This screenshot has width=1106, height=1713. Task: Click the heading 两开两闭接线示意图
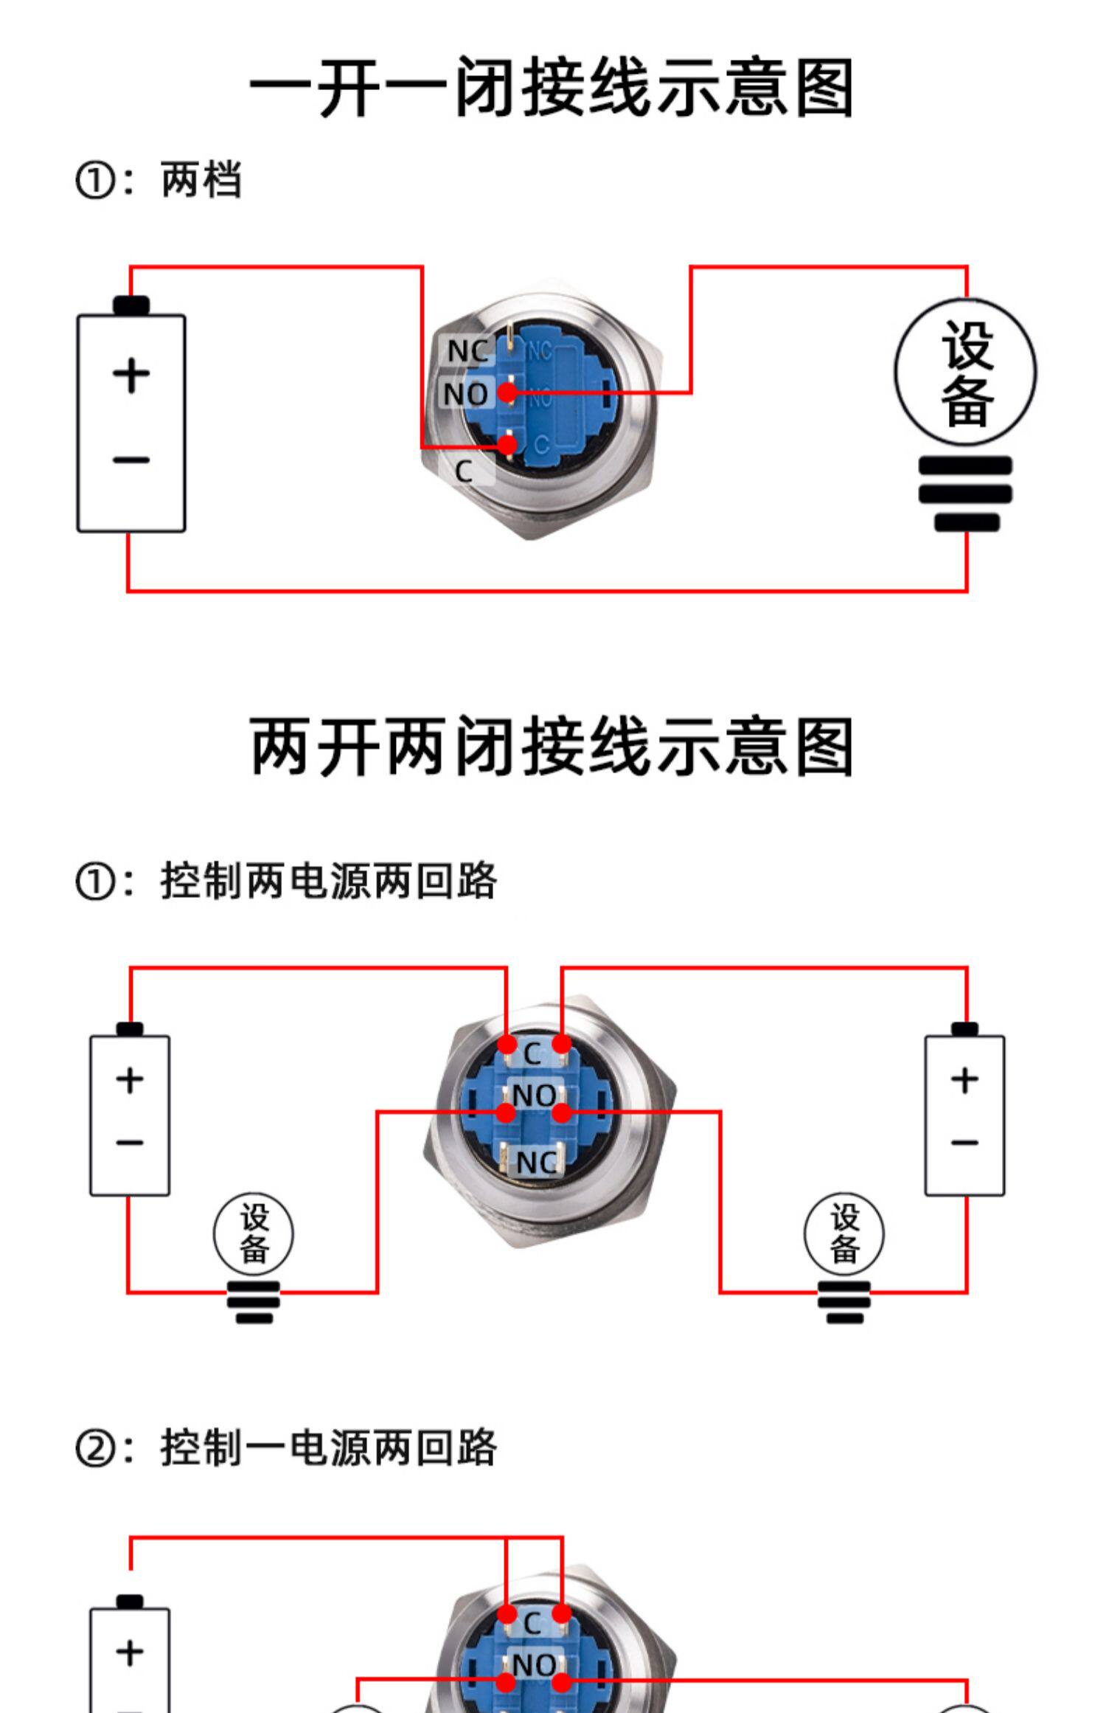552,746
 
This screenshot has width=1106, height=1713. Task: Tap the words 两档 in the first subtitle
201,180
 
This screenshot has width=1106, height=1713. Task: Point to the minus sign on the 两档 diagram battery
131,460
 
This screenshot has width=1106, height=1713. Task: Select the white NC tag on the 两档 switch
468,351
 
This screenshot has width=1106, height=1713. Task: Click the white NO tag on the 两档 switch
465,394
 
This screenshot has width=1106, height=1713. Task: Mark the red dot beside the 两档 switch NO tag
507,392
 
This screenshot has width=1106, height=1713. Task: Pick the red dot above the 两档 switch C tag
507,445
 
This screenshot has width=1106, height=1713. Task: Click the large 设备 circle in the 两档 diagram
965,373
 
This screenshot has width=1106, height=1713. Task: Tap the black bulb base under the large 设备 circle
965,493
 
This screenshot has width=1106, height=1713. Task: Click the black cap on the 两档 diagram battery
131,305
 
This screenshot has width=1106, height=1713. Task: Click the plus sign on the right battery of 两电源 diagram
964,1080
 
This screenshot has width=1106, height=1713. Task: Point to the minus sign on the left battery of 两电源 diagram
130,1143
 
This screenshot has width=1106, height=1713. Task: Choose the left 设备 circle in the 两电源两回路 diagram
254,1233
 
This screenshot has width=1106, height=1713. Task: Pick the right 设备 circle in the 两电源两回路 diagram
844,1233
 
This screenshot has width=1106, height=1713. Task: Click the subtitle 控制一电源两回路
328,1447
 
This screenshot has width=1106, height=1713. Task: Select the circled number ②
94,1448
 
